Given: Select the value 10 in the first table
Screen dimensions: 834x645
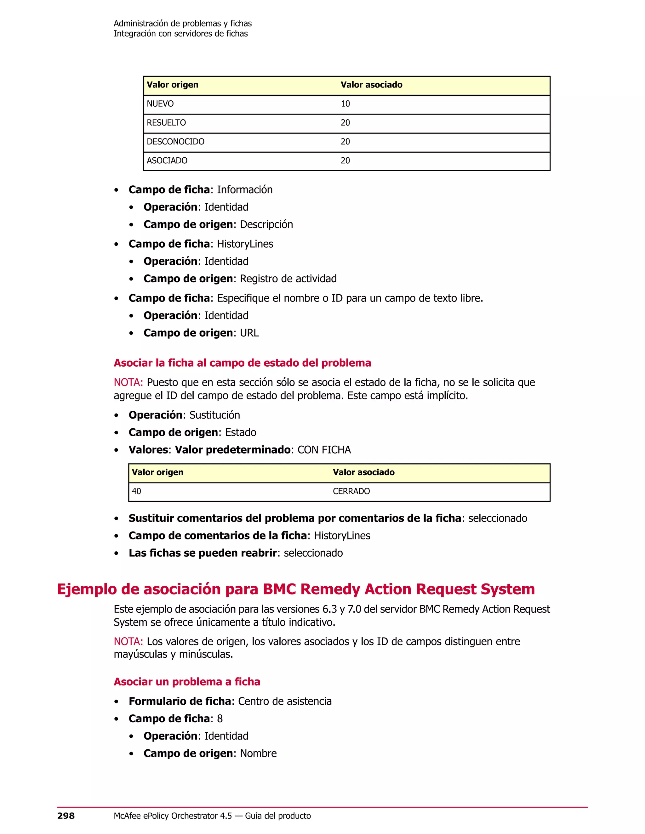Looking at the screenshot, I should click(x=345, y=104).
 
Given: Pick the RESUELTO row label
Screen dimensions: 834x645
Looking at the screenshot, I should click(x=166, y=122).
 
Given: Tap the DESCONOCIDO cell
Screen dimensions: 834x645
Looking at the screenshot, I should click(x=175, y=142).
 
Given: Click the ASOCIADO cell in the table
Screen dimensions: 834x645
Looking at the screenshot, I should click(x=167, y=161).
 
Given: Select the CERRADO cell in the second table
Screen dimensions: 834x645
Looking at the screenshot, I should click(x=351, y=491).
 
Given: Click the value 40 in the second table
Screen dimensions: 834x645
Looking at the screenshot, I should click(x=136, y=491).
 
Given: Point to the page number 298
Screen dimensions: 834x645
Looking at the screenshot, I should click(x=66, y=816).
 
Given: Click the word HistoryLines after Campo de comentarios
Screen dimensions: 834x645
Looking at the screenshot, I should click(x=342, y=536).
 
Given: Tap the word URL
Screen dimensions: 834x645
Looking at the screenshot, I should click(x=249, y=333).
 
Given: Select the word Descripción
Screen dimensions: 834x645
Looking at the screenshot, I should click(x=266, y=224).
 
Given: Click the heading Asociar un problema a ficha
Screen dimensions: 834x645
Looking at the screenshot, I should click(x=187, y=682).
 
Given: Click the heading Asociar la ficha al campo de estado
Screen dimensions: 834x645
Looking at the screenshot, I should click(x=242, y=363).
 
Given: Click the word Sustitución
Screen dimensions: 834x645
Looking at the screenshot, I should click(x=215, y=415).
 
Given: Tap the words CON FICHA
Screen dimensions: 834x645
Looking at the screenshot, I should click(x=324, y=450).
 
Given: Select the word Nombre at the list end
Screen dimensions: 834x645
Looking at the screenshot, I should click(x=258, y=753).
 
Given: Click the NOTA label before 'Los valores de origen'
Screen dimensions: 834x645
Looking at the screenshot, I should click(x=128, y=641).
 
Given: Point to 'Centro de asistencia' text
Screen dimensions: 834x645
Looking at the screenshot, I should click(x=285, y=701).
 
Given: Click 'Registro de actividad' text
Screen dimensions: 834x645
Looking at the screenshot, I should click(x=288, y=279).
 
